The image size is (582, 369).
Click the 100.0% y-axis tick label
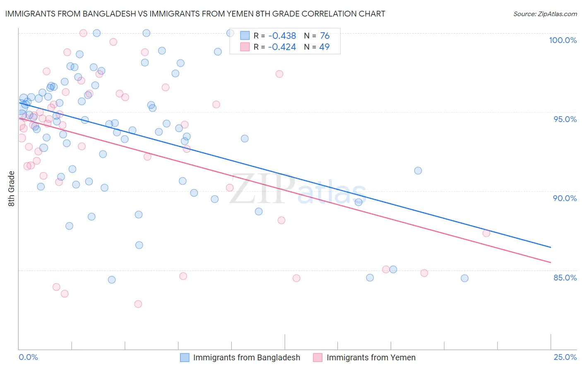click(563, 40)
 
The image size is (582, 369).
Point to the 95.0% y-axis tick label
click(565, 119)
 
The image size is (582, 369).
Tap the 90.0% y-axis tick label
click(565, 198)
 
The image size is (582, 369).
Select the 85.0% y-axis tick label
click(565, 278)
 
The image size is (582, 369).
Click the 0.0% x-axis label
click(28, 357)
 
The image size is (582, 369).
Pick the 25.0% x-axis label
click(565, 357)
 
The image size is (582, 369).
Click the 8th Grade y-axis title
click(12, 189)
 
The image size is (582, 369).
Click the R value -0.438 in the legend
click(282, 36)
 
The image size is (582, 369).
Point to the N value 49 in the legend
click(325, 47)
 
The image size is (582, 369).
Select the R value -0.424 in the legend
click(282, 47)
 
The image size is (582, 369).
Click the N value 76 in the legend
click(325, 36)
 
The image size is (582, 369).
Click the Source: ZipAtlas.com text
click(545, 14)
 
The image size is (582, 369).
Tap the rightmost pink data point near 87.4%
click(486, 233)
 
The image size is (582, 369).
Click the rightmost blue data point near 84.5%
click(464, 278)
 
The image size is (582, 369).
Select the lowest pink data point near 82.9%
click(138, 304)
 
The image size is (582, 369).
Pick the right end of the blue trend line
click(551, 247)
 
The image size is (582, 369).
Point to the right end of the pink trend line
click(551, 262)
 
